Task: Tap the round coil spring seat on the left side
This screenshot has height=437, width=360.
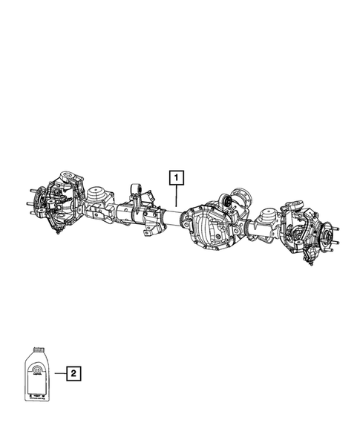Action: (x=95, y=195)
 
